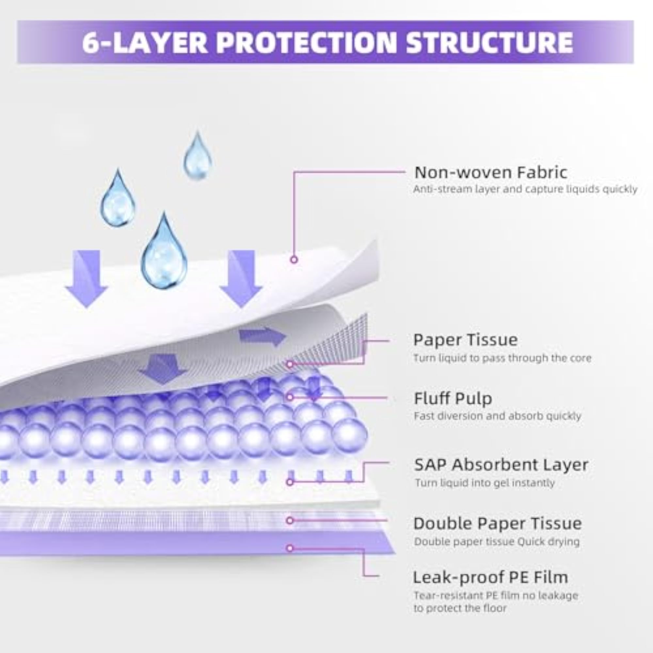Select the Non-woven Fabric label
[x=490, y=172]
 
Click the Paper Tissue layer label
[x=465, y=340]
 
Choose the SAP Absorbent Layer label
[x=501, y=465]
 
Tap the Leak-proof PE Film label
[x=490, y=577]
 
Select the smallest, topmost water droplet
[x=198, y=155]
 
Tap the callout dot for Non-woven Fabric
[x=294, y=260]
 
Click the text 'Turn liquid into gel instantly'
[x=485, y=483]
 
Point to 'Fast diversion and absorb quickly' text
[x=498, y=416]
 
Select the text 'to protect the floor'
[x=460, y=608]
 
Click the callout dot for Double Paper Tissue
[x=290, y=520]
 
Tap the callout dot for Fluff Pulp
[x=290, y=397]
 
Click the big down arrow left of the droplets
[x=87, y=279]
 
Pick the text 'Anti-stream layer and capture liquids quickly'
[x=525, y=189]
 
